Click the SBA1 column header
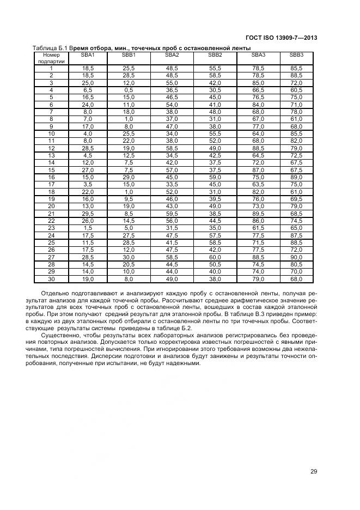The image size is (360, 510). tap(88, 55)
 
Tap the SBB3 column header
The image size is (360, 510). tap(296, 55)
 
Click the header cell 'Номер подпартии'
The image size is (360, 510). tap(51, 58)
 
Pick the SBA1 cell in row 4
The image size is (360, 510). tap(88, 90)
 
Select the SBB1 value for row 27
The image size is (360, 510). tap(129, 257)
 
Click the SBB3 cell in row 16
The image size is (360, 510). tap(296, 177)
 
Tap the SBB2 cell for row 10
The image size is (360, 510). tap(215, 133)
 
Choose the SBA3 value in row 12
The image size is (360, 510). tap(258, 148)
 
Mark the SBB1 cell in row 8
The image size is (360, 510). tap(129, 119)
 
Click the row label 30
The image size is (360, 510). tap(51, 279)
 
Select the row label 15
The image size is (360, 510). tap(51, 169)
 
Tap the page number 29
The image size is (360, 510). tap(314, 472)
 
